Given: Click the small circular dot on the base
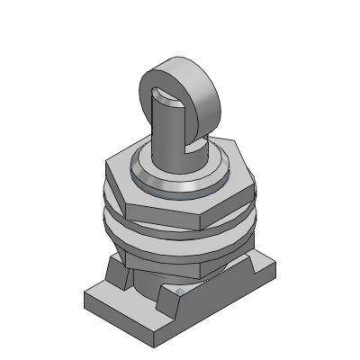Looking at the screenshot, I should pyautogui.click(x=179, y=292).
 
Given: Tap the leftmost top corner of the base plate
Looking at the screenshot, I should pyautogui.click(x=85, y=293).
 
